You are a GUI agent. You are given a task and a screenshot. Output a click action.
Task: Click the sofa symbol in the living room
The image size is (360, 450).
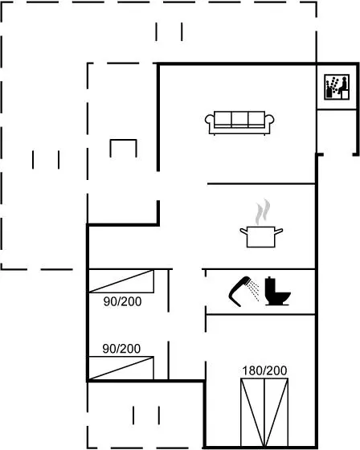239,123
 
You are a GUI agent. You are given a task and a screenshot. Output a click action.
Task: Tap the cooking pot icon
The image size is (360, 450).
261,236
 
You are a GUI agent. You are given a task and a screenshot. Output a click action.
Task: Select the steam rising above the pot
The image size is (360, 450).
263,212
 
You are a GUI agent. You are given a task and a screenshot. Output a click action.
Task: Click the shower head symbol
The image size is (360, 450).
239,291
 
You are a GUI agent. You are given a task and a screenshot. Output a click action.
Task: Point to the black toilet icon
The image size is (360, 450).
277,291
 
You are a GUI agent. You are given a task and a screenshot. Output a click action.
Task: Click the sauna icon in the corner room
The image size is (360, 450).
337,87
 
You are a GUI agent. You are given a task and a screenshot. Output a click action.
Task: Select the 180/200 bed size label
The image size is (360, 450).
264,370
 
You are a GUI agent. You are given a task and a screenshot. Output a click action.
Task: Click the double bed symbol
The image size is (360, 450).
264,412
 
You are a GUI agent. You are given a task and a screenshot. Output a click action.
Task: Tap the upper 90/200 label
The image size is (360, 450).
123,301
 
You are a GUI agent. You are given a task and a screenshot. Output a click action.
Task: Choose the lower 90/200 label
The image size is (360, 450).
121,349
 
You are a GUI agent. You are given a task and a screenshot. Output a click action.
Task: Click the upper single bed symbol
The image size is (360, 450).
121,281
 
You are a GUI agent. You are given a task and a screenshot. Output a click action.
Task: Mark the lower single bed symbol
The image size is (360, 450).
121,368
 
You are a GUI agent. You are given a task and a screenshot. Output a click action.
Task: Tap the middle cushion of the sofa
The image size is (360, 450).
239,120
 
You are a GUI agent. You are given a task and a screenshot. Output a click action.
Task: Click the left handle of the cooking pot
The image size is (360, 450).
243,231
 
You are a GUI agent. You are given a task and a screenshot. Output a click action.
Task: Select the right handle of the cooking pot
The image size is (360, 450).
279,231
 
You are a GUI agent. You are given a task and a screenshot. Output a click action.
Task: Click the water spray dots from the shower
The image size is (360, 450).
254,290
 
